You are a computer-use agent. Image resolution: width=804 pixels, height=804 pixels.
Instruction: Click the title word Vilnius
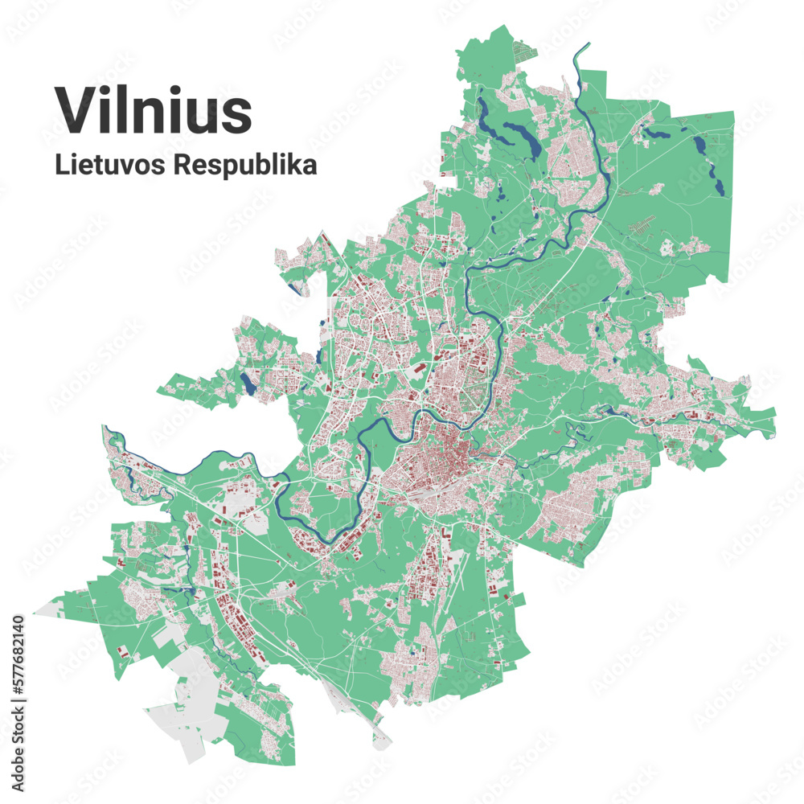point(153,110)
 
